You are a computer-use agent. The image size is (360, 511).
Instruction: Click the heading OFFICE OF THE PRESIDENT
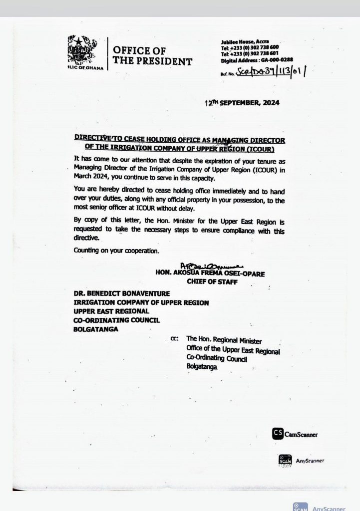click(x=152, y=55)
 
